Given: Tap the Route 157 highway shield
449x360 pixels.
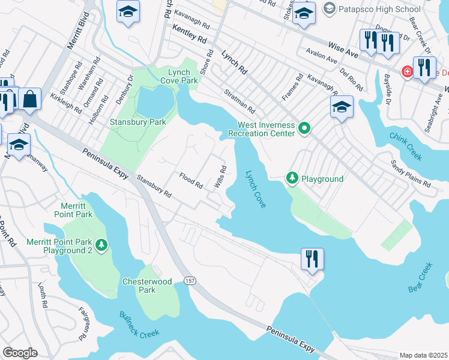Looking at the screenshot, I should coord(190,280).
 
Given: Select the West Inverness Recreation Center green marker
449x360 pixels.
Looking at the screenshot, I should coord(305,128).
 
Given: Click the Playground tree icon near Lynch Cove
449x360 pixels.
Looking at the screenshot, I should coord(292,178).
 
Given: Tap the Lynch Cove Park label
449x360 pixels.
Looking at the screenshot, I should coord(178,76).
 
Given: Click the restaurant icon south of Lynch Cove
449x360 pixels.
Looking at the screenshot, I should coord(312,259).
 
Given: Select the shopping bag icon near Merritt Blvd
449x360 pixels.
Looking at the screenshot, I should coord(29,98).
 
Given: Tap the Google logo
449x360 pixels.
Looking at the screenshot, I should coord(20,352).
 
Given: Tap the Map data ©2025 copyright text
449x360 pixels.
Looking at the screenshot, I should coord(423,355).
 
